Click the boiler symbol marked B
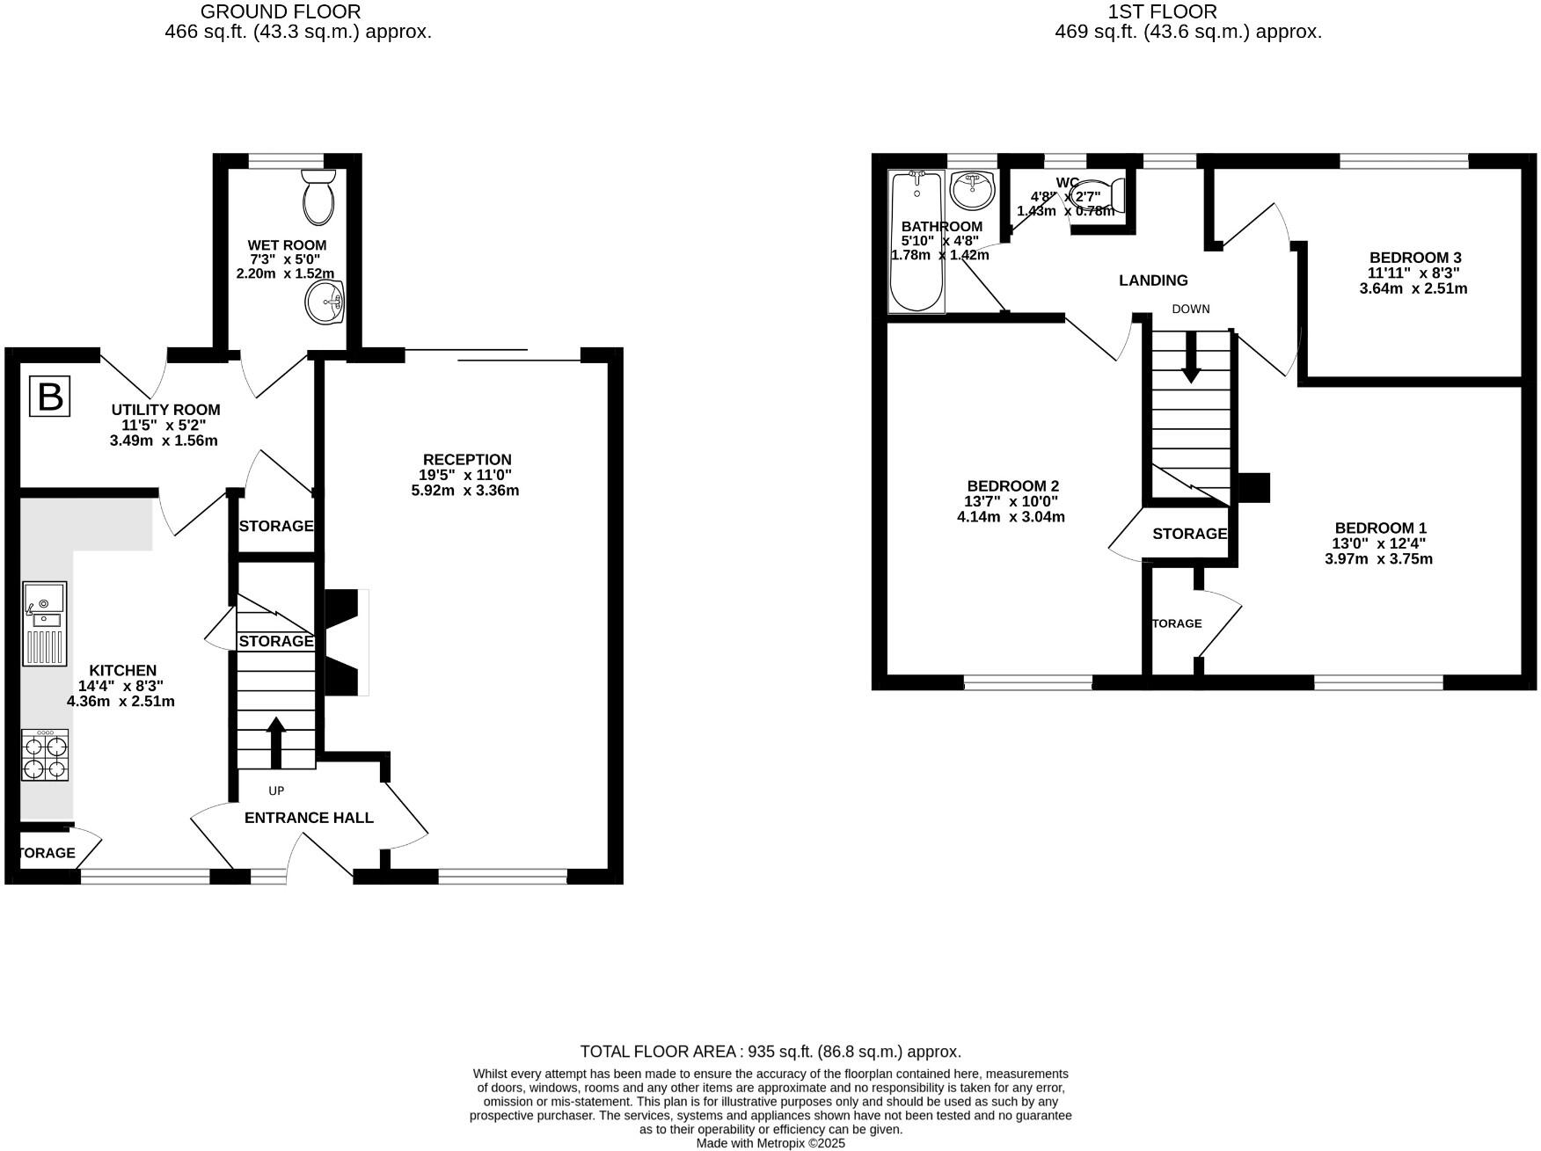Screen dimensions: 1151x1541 (x=50, y=397)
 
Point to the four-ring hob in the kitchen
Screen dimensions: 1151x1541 (x=45, y=755)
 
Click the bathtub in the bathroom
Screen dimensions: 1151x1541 (x=917, y=242)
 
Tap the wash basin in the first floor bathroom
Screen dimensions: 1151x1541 (x=972, y=189)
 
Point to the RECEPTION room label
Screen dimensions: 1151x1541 (x=466, y=460)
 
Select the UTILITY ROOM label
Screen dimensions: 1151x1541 (x=165, y=410)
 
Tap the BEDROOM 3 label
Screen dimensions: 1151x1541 (x=1414, y=258)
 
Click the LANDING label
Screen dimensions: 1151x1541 (x=1153, y=280)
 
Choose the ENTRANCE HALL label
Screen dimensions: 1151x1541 (x=309, y=818)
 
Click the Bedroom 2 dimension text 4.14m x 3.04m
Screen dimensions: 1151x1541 (x=1011, y=517)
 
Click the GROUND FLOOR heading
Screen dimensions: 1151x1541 (x=281, y=11)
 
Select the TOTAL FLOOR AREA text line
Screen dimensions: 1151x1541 (x=770, y=1052)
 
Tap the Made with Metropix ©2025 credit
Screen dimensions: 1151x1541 (x=770, y=1143)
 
